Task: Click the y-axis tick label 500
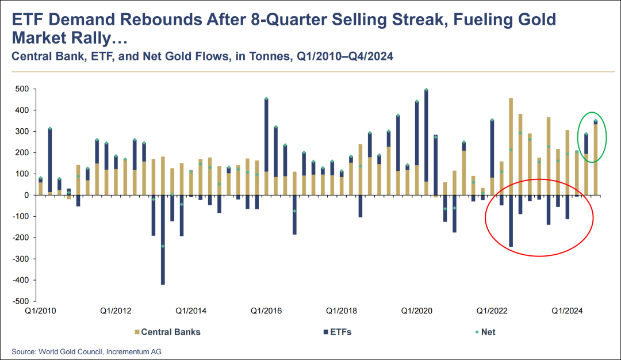pyautogui.click(x=22, y=89)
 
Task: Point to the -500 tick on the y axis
pyautogui.click(x=21, y=301)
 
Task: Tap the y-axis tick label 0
pyautogui.click(x=26, y=195)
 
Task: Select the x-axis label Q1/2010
pyautogui.click(x=40, y=311)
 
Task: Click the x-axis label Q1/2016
pyautogui.click(x=266, y=311)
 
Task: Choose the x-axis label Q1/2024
pyautogui.click(x=568, y=311)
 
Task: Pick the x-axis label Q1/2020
pyautogui.click(x=416, y=311)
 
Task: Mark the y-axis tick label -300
pyautogui.click(x=21, y=259)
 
